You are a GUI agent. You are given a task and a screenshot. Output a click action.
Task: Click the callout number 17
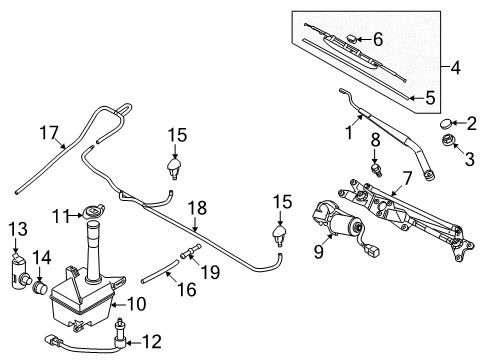[x=49, y=133]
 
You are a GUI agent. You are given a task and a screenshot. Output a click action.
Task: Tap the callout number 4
[x=456, y=68]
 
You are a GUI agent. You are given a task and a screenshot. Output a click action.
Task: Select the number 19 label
[x=211, y=272]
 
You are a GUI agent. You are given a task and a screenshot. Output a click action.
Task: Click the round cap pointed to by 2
[x=446, y=124]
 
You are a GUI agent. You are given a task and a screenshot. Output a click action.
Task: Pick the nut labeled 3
[x=447, y=141]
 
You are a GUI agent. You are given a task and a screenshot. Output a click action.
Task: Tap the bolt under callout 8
[x=377, y=170]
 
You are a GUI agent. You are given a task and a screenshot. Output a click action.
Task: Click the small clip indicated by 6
[x=352, y=38]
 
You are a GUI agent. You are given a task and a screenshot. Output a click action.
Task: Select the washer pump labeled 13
[x=19, y=271]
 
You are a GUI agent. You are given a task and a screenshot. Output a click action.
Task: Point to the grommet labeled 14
[x=40, y=287]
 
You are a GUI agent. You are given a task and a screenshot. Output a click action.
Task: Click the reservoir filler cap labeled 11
[x=94, y=212]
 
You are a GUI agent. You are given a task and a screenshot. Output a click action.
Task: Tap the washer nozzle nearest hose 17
[x=175, y=168]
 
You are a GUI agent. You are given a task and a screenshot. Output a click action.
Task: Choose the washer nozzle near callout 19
[x=281, y=235]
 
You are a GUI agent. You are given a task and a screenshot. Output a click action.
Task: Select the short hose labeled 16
[x=159, y=272]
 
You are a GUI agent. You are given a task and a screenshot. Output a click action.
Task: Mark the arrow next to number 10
[x=118, y=304]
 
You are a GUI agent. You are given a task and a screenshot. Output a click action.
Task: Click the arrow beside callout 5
[x=416, y=98]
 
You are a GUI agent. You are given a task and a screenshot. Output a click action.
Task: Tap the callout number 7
[x=407, y=178]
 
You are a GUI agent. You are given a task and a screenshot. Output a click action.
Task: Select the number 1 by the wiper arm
[x=349, y=133]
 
